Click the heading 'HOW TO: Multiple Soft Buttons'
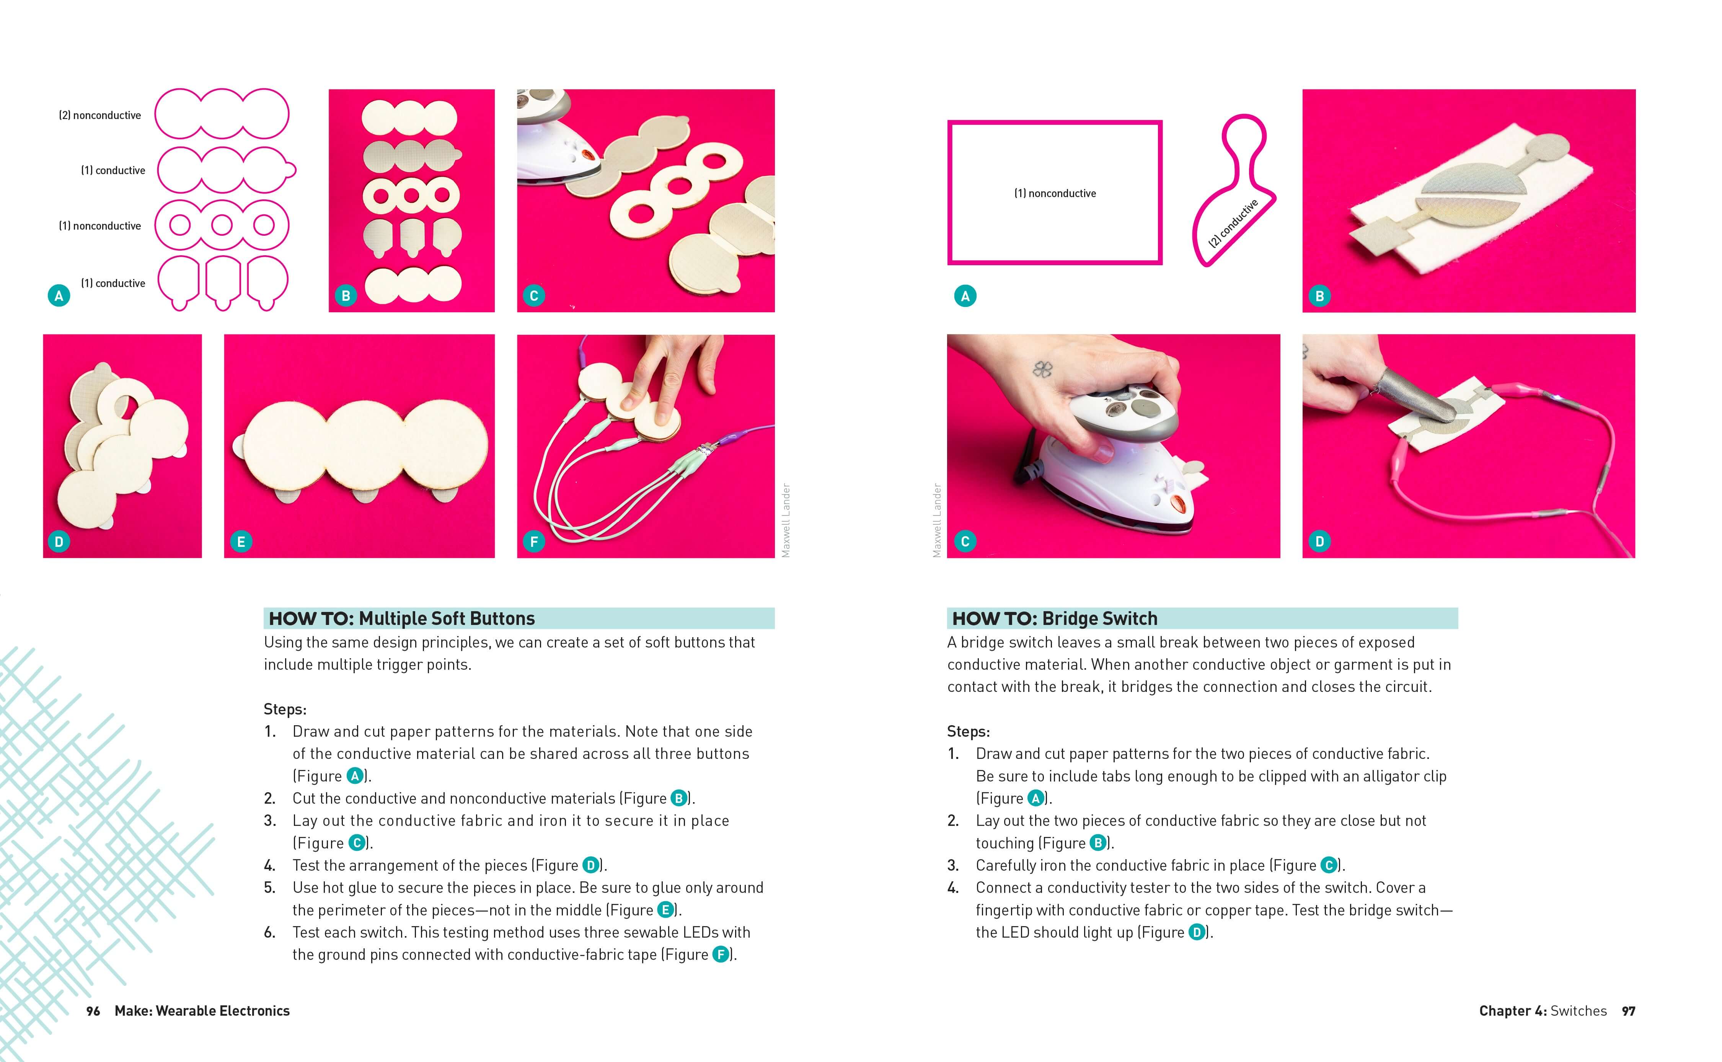point(402,618)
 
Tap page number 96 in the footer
point(93,1011)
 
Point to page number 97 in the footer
point(1629,1011)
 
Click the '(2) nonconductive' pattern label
point(100,115)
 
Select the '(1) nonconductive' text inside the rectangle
point(1055,193)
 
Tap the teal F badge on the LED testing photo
point(534,542)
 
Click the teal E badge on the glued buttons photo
point(241,542)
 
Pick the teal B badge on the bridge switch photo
point(1319,296)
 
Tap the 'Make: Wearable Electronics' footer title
point(202,1011)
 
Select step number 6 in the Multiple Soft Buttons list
point(270,932)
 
